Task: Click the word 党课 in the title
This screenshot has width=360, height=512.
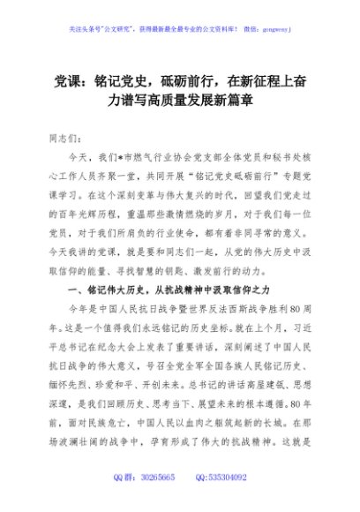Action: click(x=59, y=79)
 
